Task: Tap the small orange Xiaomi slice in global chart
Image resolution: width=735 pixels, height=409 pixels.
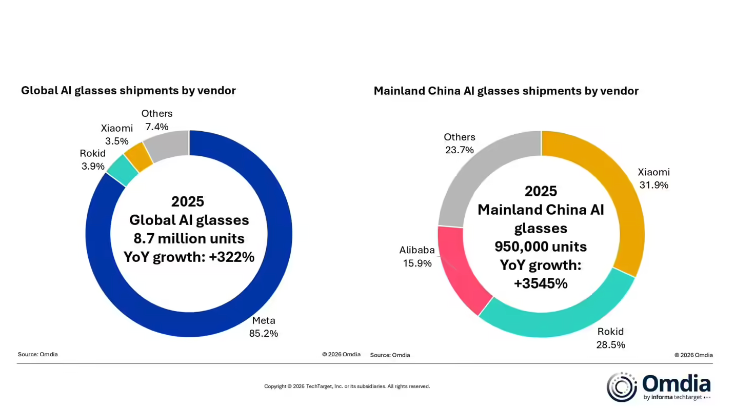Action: pyautogui.click(x=139, y=157)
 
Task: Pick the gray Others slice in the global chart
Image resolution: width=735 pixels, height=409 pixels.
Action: pyautogui.click(x=167, y=146)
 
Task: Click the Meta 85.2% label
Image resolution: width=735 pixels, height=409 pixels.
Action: pyautogui.click(x=264, y=327)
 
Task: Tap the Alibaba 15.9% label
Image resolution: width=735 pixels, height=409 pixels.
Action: pyautogui.click(x=417, y=257)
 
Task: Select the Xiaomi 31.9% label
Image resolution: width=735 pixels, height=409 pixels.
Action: pyautogui.click(x=653, y=178)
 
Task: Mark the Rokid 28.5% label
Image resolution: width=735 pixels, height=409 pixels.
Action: pyautogui.click(x=610, y=338)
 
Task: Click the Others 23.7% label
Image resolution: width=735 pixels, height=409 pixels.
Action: pyautogui.click(x=460, y=144)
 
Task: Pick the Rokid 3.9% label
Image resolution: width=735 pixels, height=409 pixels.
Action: pyautogui.click(x=93, y=160)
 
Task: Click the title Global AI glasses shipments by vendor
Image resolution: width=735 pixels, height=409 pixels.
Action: pyautogui.click(x=128, y=91)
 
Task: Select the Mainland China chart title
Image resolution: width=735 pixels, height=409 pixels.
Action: pyautogui.click(x=506, y=91)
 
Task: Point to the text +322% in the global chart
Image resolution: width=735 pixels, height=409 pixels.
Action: pyautogui.click(x=231, y=257)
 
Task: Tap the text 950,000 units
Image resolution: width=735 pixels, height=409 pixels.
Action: pyautogui.click(x=541, y=247)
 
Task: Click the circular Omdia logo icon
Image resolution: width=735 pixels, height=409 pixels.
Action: pyautogui.click(x=622, y=387)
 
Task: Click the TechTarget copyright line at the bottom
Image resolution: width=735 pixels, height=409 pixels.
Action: pyautogui.click(x=347, y=386)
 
